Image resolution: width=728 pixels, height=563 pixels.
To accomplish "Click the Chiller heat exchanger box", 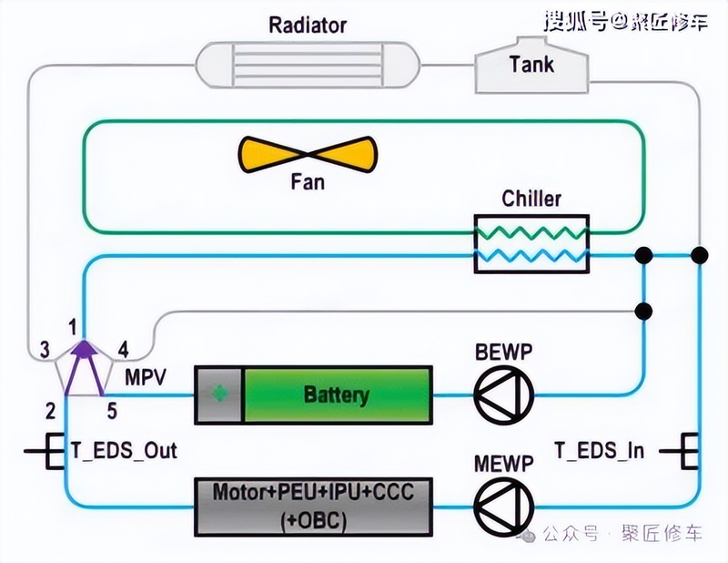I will [x=531, y=243].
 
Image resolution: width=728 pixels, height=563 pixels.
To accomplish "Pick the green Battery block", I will [x=338, y=395].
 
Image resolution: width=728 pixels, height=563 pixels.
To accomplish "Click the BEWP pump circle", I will [x=503, y=395].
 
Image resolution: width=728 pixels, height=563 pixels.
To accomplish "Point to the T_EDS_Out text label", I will [x=124, y=449].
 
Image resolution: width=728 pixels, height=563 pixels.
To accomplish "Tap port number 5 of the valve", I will [x=112, y=411].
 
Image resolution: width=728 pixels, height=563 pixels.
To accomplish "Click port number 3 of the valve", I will [x=43, y=350].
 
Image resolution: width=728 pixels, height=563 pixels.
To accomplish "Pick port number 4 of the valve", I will [x=123, y=349].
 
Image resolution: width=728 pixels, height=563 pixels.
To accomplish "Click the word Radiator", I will [x=308, y=24].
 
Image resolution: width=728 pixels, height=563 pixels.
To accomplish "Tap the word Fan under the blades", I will [x=307, y=182].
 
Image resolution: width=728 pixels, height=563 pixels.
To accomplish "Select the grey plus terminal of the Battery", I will [x=219, y=395].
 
